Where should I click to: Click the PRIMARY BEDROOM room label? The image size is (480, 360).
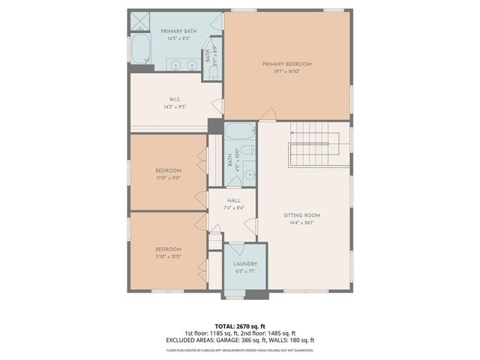click(x=286, y=64)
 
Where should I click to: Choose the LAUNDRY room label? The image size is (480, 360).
click(x=245, y=264)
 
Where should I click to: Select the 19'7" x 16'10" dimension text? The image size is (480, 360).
click(x=286, y=73)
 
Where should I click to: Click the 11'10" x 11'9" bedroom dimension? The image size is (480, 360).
click(x=168, y=178)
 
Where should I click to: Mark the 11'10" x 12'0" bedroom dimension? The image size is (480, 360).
click(x=168, y=257)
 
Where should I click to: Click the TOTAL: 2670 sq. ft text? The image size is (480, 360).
click(x=240, y=325)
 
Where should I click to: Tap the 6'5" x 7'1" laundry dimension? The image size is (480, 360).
click(x=245, y=272)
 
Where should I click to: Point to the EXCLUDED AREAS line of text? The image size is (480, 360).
click(x=240, y=340)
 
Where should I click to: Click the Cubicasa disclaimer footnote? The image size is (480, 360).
click(x=240, y=350)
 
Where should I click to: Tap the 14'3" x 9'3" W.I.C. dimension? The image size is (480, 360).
click(x=174, y=107)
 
